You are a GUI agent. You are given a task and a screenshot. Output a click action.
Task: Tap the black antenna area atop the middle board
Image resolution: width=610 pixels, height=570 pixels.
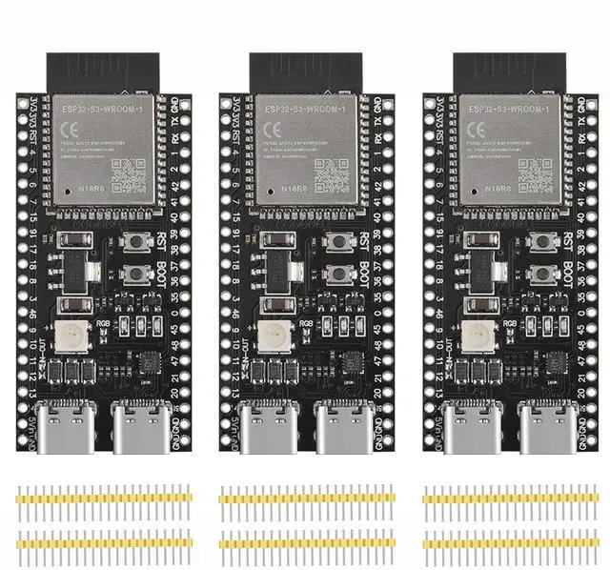(x=305, y=73)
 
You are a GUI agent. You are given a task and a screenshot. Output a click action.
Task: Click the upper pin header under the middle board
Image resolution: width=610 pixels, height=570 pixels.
(x=305, y=497)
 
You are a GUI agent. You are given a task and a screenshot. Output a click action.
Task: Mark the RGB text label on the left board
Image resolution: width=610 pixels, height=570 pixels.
(x=106, y=322)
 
